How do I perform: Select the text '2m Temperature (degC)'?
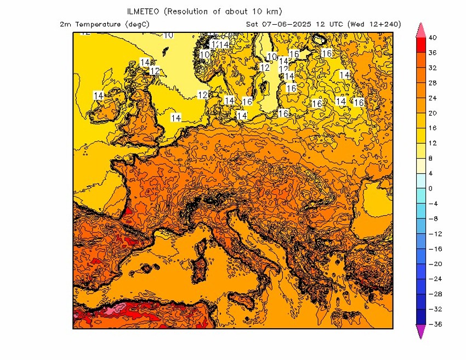(104, 24)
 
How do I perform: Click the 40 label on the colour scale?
(433, 38)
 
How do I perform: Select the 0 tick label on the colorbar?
(430, 188)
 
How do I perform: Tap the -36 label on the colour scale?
(434, 324)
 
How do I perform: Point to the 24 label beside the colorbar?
(433, 98)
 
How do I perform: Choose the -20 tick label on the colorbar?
(434, 264)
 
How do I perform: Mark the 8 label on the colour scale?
(430, 158)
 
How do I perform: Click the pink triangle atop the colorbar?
(421, 30)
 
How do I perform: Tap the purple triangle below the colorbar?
(421, 331)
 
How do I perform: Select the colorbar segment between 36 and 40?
(421, 45)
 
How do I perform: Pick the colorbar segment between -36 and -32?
(421, 317)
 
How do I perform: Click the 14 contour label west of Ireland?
(99, 95)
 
